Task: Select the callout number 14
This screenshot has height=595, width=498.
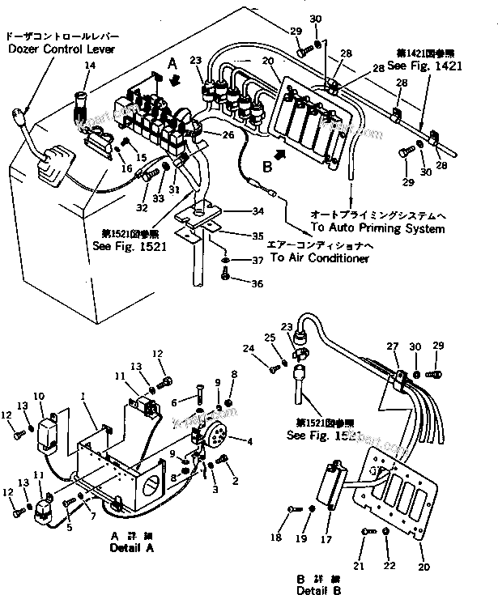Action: coord(89,65)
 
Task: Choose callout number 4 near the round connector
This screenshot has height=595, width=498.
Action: coord(249,441)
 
